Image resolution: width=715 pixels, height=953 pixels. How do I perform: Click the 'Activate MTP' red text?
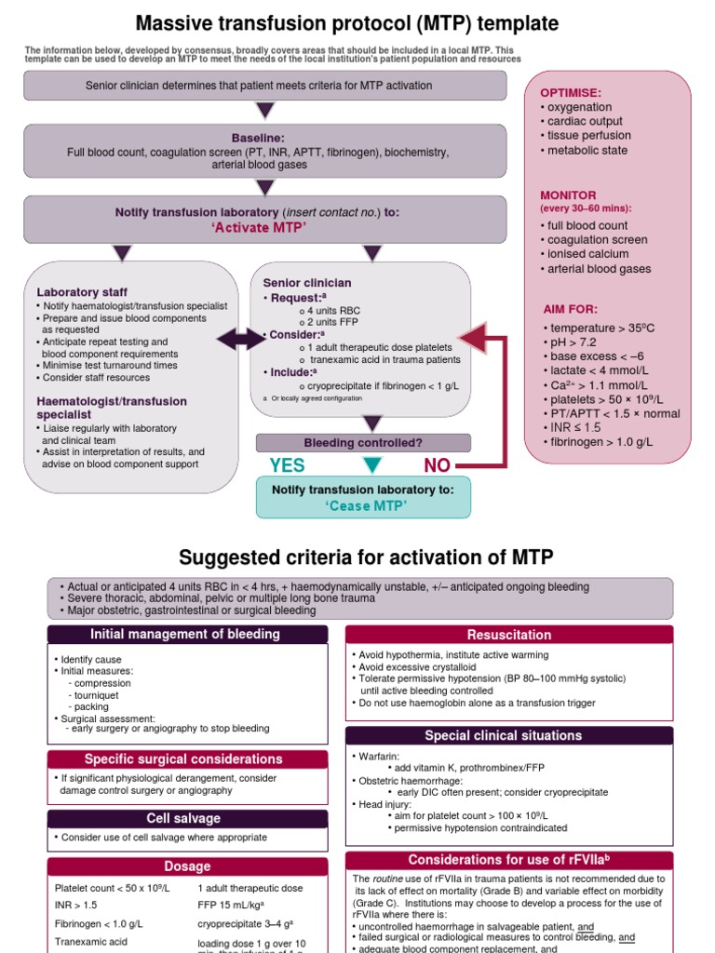point(264,228)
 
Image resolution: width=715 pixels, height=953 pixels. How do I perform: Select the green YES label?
point(287,465)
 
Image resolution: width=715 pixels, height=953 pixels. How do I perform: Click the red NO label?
point(442,465)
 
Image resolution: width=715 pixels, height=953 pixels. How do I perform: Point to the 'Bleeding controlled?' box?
point(362,442)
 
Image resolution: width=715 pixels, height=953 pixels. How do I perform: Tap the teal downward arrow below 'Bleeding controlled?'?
point(371,465)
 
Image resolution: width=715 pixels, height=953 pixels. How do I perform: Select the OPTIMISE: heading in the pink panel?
point(571,94)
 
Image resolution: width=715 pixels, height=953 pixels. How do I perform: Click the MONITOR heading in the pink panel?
point(568,195)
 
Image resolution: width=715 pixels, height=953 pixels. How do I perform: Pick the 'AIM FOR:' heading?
point(571,309)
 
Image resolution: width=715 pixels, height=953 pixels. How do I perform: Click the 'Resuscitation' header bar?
point(508,635)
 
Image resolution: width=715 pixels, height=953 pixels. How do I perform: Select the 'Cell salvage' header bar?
point(187,818)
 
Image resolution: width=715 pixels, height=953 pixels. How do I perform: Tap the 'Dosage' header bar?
point(187,866)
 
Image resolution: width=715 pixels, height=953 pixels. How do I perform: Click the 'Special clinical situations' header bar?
point(508,735)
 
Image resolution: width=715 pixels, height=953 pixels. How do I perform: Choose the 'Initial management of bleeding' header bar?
point(187,635)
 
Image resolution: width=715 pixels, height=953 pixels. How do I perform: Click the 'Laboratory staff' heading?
point(82,292)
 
